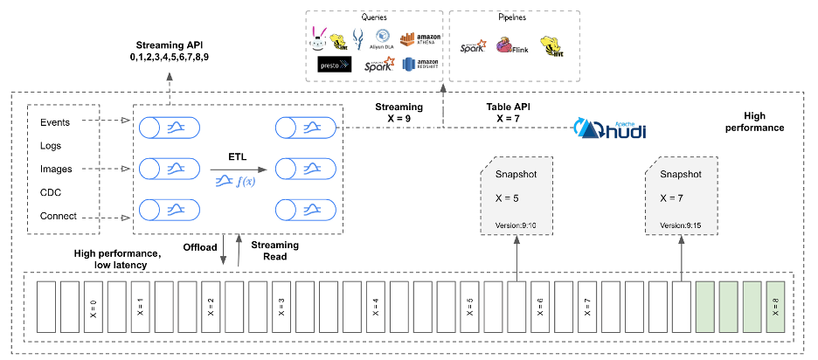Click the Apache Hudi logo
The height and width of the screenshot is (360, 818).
tap(609, 128)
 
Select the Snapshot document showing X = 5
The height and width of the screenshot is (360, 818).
tap(516, 197)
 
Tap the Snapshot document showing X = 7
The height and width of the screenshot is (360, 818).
tap(682, 197)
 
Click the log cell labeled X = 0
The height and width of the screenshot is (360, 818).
tap(94, 308)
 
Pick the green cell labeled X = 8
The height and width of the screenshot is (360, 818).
tap(776, 308)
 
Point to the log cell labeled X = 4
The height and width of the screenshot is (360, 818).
tap(376, 308)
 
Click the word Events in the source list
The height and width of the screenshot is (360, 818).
tap(57, 122)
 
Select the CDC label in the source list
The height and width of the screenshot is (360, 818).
tap(52, 192)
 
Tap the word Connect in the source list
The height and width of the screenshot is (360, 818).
tap(59, 216)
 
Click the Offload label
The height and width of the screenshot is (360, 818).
tap(199, 247)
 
